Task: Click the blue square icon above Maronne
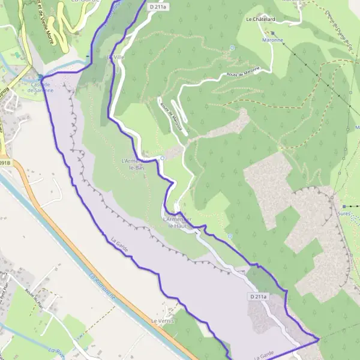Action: tap(272, 32)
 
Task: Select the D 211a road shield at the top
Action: tap(155, 6)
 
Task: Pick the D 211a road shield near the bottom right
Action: tap(257, 296)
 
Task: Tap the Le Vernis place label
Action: tap(163, 321)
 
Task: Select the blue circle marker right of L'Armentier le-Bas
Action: tap(162, 158)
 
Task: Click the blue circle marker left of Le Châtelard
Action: tap(232, 47)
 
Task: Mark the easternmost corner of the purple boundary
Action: tap(319, 340)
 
